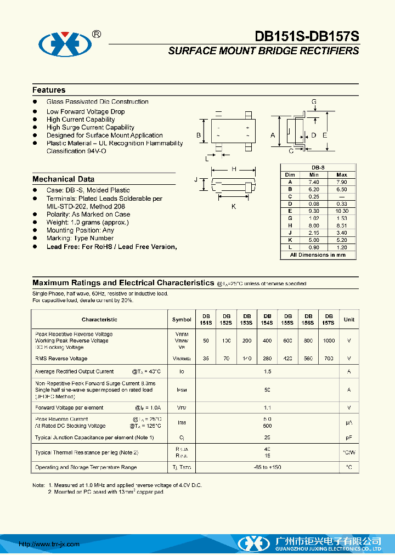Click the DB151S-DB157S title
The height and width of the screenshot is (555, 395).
307,36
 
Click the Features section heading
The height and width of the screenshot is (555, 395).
49,90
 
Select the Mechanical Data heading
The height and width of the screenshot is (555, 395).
63,179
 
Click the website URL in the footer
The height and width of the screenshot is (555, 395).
49,544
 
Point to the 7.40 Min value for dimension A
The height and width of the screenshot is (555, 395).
313,182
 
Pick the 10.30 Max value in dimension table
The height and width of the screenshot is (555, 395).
342,211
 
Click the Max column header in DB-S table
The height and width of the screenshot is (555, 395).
342,174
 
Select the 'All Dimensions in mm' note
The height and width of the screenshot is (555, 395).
318,254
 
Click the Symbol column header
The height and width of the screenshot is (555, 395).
182,320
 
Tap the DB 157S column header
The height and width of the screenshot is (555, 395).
329,320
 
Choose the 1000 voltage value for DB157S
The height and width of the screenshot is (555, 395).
329,341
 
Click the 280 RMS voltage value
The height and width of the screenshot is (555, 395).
267,358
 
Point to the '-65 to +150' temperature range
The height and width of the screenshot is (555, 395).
267,467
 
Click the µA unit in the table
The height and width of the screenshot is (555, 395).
349,422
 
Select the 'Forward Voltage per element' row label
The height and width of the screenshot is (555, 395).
69,407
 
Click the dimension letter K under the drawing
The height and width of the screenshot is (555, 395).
233,206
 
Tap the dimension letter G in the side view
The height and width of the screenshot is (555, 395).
314,102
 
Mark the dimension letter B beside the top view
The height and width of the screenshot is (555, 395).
199,135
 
